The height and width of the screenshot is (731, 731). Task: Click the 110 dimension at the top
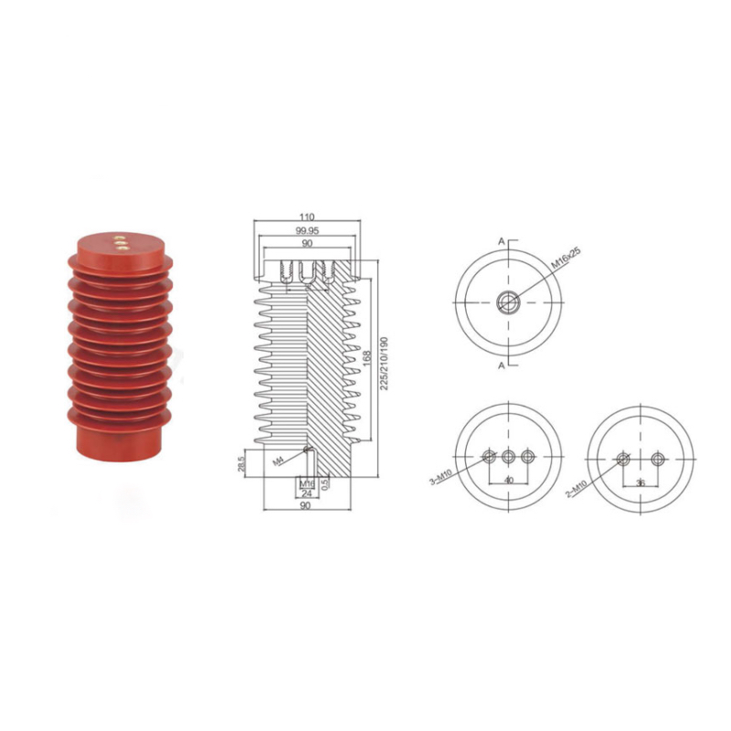pyautogui.click(x=306, y=218)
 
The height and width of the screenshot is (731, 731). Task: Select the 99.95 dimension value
pyautogui.click(x=306, y=231)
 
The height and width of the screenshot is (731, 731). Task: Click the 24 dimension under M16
pyautogui.click(x=308, y=494)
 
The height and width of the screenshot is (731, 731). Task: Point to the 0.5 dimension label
pyautogui.click(x=325, y=485)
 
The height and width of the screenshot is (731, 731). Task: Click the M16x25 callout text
pyautogui.click(x=567, y=255)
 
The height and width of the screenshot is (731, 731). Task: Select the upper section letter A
pyautogui.click(x=502, y=240)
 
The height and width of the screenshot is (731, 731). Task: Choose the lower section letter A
pyautogui.click(x=502, y=365)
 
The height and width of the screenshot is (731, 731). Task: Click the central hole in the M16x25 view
pyautogui.click(x=508, y=302)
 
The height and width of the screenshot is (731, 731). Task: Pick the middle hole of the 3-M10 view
pyautogui.click(x=508, y=456)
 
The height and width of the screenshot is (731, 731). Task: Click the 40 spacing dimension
pyautogui.click(x=508, y=480)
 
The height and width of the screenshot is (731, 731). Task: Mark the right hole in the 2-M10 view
pyautogui.click(x=657, y=458)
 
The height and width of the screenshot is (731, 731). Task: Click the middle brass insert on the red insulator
pyautogui.click(x=120, y=243)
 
